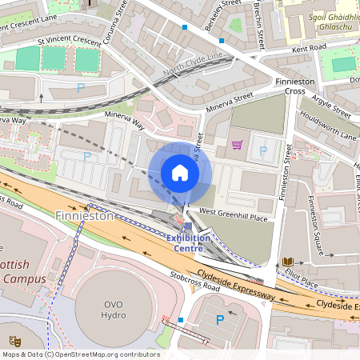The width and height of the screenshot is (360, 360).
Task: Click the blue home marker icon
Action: [180, 173]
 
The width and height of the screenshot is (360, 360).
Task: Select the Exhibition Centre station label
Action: [188, 242]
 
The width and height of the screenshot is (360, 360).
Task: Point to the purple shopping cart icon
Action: [237, 145]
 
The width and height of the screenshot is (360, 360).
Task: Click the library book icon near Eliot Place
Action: [287, 262]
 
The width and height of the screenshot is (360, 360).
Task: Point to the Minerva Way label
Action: [126, 120]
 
